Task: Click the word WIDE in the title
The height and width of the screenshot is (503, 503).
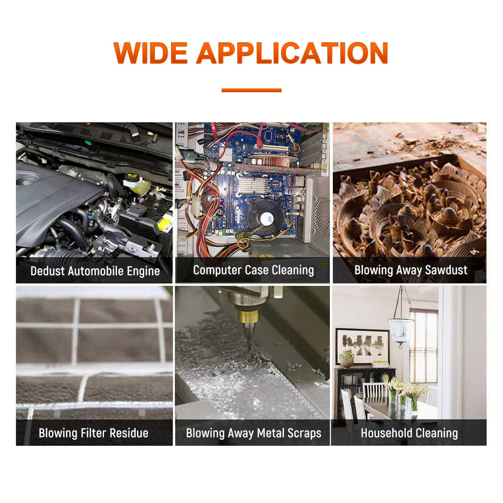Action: (150, 53)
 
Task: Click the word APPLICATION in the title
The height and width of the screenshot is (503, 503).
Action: (292, 53)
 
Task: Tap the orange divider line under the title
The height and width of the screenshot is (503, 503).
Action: (251, 90)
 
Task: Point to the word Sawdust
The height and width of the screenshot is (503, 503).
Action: (446, 270)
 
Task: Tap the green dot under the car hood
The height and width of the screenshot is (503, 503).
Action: (88, 143)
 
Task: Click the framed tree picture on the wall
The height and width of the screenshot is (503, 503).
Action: (362, 346)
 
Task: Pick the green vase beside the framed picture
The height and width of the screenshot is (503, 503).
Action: (346, 359)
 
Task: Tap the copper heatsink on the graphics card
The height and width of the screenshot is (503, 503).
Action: (274, 160)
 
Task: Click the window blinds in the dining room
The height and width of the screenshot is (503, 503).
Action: (423, 345)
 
